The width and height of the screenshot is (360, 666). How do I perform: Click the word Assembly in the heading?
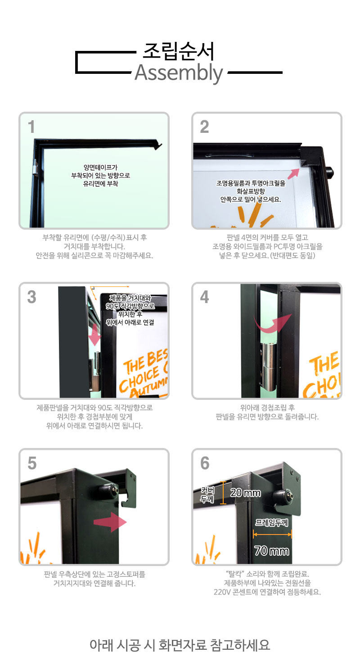(179, 73)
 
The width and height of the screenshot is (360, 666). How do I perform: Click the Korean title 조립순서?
(179, 51)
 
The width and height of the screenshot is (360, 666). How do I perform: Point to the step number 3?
(32, 297)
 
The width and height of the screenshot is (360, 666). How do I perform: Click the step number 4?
(204, 297)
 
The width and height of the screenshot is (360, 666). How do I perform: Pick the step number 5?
(32, 463)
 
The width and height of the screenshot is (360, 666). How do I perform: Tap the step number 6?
(205, 463)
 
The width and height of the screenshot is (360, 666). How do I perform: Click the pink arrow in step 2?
(293, 173)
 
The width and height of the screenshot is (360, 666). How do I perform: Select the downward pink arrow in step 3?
(95, 335)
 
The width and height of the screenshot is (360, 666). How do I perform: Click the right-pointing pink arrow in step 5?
(110, 522)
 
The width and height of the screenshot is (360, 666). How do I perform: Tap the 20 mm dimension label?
(246, 493)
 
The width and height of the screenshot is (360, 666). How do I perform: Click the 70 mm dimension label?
(271, 551)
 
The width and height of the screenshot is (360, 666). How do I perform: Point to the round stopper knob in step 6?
(283, 495)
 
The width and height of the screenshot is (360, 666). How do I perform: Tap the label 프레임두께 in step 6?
(271, 522)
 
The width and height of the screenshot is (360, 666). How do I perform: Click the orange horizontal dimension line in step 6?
(272, 534)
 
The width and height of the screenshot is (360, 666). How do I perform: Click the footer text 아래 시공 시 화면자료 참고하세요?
(180, 645)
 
